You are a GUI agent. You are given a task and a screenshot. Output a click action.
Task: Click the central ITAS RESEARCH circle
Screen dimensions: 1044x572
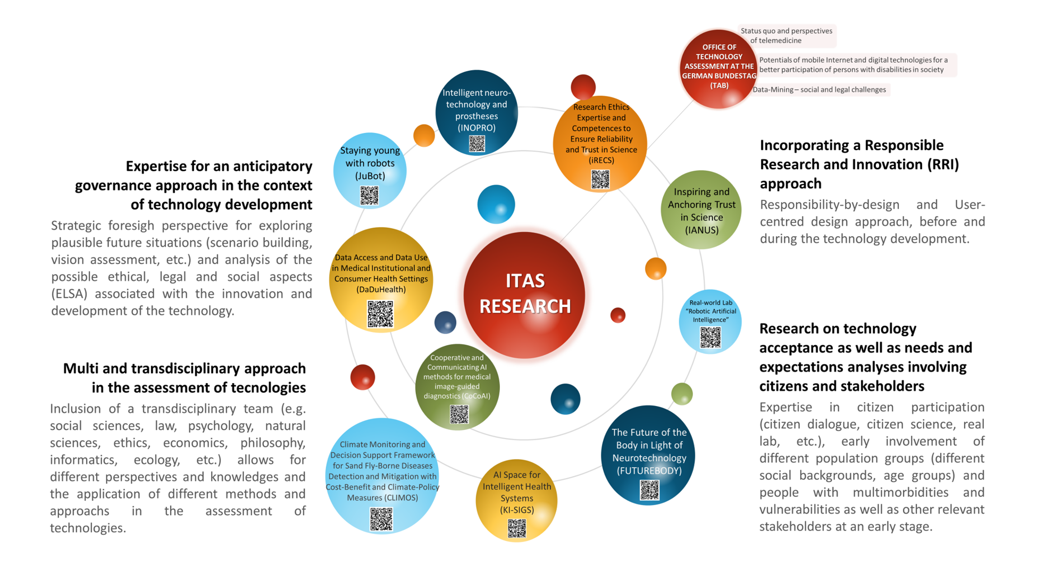[524, 295]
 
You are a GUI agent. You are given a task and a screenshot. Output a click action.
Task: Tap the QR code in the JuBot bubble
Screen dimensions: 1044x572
[369, 195]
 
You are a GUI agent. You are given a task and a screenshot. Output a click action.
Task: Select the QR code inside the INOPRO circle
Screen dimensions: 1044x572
[477, 144]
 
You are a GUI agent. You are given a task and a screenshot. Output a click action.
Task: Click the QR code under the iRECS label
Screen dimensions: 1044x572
[600, 179]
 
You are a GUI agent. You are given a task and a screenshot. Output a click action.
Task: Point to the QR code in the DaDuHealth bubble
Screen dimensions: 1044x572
[380, 313]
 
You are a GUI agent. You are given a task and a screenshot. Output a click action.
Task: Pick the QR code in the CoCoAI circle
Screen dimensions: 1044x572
[459, 414]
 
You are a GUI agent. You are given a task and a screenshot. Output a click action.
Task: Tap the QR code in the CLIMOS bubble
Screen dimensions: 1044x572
[381, 519]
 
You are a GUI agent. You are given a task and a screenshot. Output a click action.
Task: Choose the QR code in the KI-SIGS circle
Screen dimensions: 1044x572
[517, 528]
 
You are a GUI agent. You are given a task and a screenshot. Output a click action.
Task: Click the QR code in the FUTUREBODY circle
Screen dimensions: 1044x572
[649, 490]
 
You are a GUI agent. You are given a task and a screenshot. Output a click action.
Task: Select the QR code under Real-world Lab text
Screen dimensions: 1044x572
[710, 337]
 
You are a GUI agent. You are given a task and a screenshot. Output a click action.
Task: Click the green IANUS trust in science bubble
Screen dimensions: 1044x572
[701, 210]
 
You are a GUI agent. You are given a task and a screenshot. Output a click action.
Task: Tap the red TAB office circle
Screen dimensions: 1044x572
[719, 69]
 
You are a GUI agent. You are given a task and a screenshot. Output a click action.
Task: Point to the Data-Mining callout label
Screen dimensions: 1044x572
[819, 89]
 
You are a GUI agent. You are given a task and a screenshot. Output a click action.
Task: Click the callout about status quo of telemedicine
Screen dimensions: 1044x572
[786, 36]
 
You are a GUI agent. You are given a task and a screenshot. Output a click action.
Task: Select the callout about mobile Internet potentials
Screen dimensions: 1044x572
[854, 65]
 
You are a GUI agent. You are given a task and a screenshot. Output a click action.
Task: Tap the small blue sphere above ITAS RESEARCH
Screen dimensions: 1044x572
[496, 204]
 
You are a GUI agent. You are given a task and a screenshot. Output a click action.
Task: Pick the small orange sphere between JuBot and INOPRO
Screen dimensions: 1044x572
[424, 135]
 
